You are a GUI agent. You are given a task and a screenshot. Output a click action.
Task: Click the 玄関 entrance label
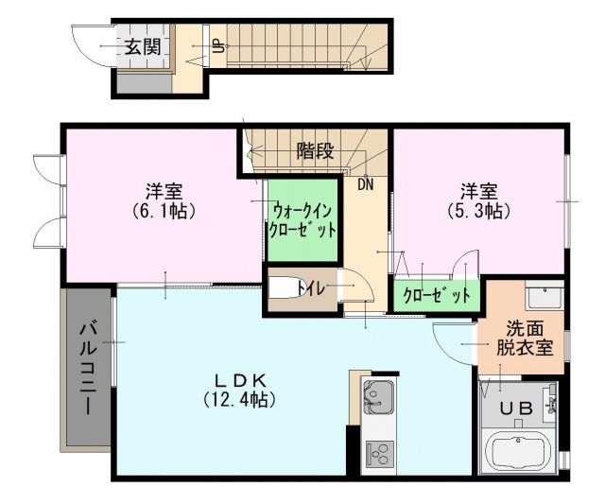tap(143, 48)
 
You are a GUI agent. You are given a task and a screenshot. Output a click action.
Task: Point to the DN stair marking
tap(366, 184)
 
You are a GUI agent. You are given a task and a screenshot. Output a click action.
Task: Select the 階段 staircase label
tap(315, 151)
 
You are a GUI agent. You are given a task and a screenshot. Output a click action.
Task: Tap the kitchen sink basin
tap(378, 395)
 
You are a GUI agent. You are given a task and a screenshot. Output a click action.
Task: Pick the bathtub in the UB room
tap(516, 451)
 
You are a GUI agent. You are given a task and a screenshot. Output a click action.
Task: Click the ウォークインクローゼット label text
tap(302, 221)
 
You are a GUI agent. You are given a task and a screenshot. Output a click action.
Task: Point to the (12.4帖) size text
tap(240, 399)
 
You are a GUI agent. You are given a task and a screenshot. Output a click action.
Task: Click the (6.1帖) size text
tap(164, 211)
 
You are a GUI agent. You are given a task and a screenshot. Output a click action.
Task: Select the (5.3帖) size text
tap(479, 211)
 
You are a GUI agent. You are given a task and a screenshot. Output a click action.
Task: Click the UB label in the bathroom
tap(516, 408)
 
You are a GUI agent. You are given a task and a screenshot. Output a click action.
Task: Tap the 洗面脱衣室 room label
tap(525, 339)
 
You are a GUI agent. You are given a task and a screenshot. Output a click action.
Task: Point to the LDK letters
tap(240, 381)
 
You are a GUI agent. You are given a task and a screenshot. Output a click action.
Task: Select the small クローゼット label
tap(437, 296)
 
